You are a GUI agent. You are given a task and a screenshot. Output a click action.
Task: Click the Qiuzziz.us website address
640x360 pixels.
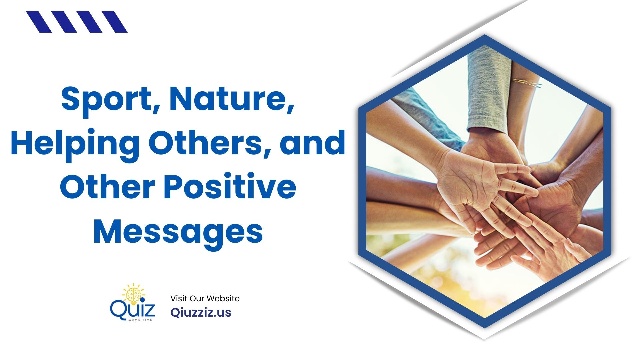click(201, 312)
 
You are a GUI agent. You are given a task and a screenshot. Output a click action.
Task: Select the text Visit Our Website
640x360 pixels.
click(205, 298)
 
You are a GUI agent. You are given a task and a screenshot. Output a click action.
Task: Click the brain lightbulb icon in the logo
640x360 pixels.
click(133, 293)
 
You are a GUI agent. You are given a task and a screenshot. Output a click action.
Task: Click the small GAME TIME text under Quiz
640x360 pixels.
click(140, 320)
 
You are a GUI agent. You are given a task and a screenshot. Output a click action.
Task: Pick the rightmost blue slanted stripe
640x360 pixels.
click(114, 22)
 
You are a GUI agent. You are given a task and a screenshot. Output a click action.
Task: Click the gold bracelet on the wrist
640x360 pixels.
click(527, 83)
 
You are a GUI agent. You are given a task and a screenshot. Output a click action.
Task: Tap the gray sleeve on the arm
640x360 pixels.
click(488, 90)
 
